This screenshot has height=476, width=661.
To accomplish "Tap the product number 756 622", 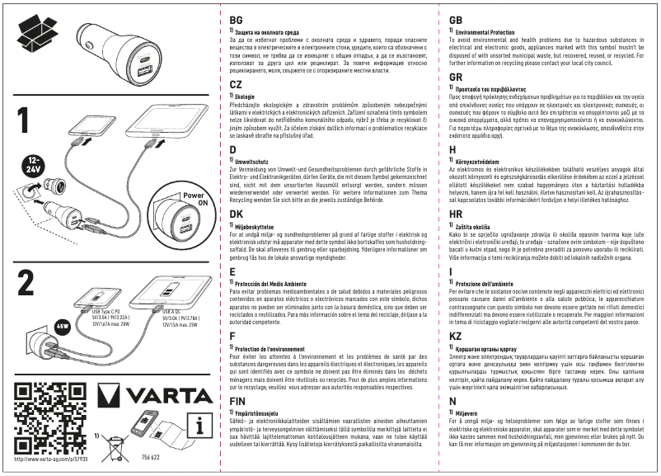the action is point(151,456).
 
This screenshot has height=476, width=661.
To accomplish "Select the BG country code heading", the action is point(237,19).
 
